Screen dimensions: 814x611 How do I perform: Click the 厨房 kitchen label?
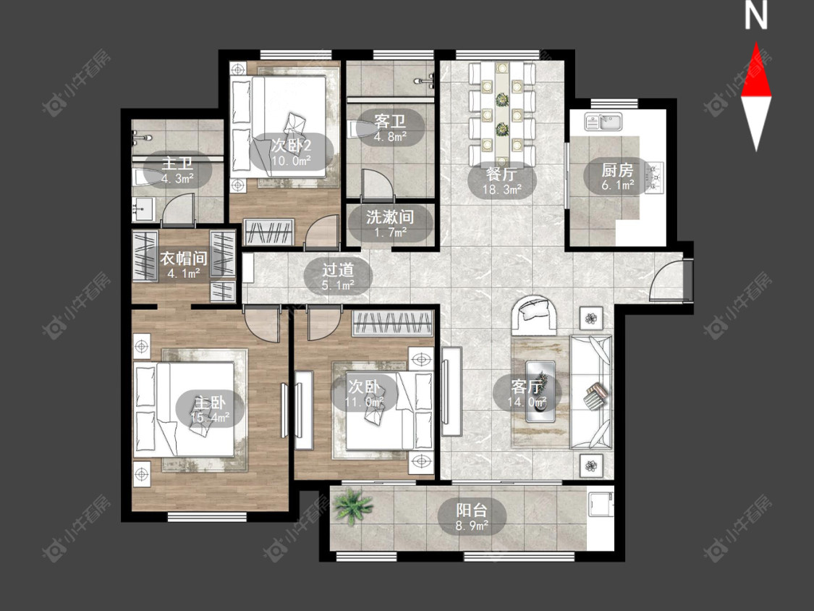(617, 170)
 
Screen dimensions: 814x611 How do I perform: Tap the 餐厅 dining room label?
(501, 174)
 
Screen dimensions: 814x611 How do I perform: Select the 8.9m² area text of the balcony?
(472, 526)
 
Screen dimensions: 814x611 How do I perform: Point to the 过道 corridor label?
(338, 269)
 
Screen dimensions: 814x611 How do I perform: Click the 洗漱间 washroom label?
(390, 216)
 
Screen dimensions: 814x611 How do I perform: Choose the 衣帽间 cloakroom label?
(184, 258)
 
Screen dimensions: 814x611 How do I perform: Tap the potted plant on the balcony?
(353, 506)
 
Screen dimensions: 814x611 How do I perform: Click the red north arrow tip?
(756, 43)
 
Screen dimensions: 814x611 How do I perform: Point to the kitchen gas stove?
(654, 177)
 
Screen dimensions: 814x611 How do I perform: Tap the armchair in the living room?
(535, 315)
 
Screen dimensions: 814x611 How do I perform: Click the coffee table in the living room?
(540, 391)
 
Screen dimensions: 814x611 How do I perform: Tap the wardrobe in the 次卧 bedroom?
(392, 323)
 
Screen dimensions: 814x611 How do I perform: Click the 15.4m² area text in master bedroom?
(210, 417)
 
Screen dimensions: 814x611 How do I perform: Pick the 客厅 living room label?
(527, 387)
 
